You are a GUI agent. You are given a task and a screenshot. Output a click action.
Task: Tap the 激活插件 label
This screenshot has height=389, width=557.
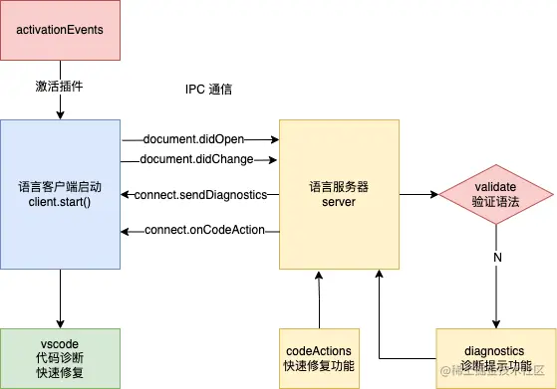tap(59, 86)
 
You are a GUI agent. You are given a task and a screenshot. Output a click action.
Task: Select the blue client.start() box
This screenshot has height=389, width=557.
tap(60, 193)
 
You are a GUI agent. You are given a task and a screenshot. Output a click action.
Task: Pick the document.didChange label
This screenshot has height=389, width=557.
tap(197, 159)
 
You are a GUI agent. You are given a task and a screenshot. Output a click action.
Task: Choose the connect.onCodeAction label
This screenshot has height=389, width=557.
tap(203, 231)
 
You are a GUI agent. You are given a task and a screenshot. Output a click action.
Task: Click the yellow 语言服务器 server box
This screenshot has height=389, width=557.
tap(339, 193)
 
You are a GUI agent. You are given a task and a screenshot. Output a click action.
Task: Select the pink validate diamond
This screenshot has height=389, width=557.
tap(496, 194)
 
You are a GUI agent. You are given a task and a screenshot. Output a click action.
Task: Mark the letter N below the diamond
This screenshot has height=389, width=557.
tap(496, 259)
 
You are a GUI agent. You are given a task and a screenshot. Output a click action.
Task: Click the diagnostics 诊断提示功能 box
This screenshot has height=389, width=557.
tap(495, 357)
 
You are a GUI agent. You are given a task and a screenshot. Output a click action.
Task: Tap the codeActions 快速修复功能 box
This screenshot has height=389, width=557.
tap(319, 357)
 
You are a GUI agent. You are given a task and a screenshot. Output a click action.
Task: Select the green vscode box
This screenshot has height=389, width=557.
tap(60, 357)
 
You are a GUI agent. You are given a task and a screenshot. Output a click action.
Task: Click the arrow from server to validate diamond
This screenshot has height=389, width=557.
tap(418, 194)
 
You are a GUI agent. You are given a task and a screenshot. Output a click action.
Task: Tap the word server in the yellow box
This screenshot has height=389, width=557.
tap(339, 202)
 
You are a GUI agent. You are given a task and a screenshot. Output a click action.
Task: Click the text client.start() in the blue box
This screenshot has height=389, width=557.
tap(60, 202)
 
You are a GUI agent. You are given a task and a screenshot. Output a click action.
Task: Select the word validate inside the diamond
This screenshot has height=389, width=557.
tap(496, 185)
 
